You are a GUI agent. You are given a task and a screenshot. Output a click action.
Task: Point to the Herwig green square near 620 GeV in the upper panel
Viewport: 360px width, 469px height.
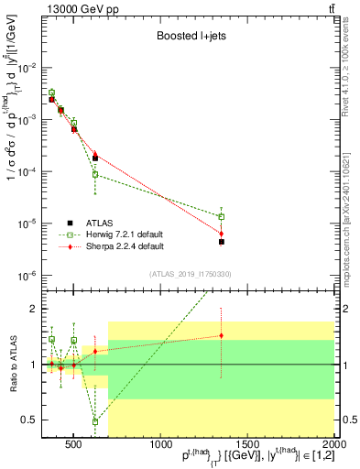coord(95,174)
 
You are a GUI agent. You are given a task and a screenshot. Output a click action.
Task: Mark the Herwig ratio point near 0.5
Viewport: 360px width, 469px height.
coord(95,421)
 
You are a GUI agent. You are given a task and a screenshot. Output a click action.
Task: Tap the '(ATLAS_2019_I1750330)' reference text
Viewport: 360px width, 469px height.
coord(190,274)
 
